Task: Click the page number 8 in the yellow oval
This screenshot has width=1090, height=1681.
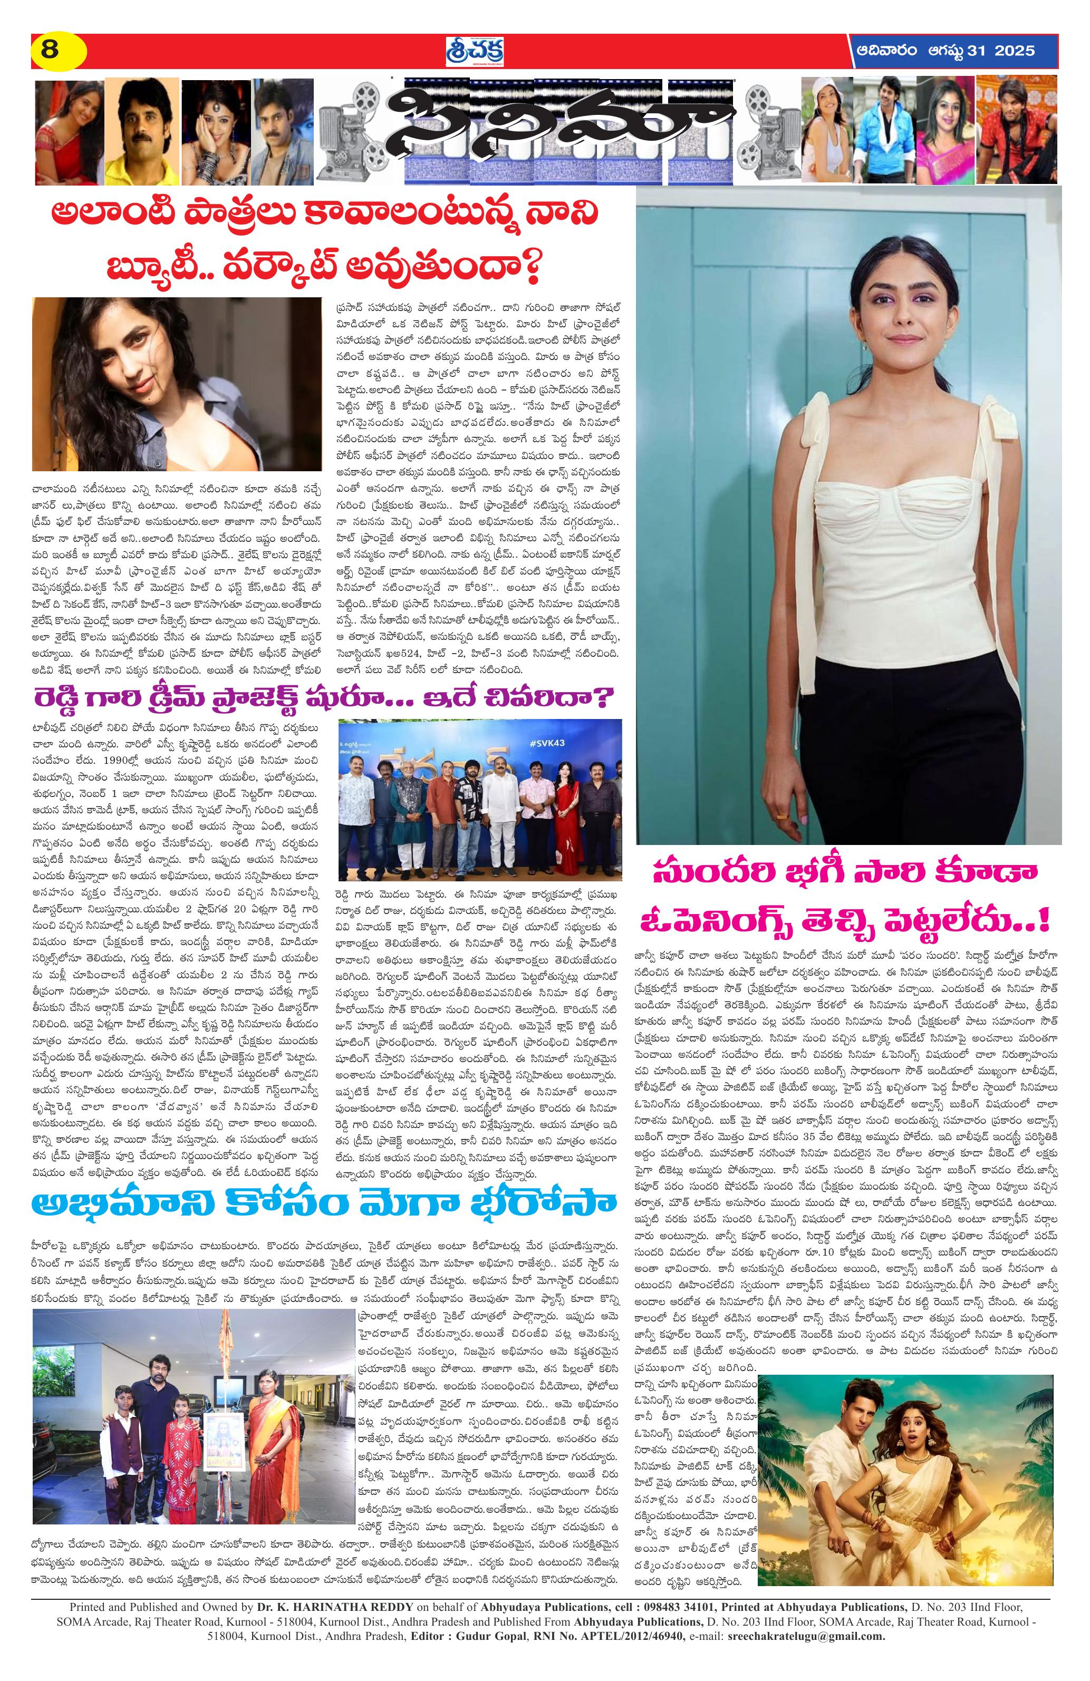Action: pos(50,51)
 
